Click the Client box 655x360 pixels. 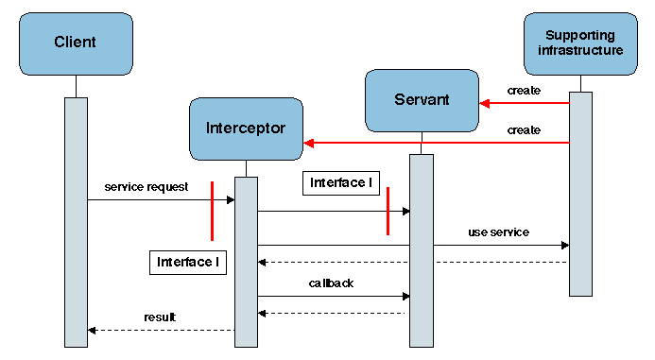(76, 43)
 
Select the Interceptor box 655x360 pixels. (246, 128)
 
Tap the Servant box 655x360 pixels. (422, 99)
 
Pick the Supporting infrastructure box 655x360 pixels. (580, 43)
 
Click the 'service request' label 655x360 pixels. (146, 186)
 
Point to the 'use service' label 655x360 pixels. (498, 231)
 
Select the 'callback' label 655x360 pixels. (330, 283)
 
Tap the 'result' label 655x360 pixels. (160, 317)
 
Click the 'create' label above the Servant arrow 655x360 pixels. (524, 91)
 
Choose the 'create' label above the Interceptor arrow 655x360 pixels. (524, 129)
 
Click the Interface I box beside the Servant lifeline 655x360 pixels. (341, 183)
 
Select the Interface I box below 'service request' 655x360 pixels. (188, 262)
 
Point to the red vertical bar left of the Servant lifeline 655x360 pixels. (388, 211)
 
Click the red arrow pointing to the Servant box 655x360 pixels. (525, 104)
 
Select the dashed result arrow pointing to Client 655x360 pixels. (161, 330)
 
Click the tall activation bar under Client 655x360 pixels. (76, 222)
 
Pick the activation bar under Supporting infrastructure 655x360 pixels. (580, 194)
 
